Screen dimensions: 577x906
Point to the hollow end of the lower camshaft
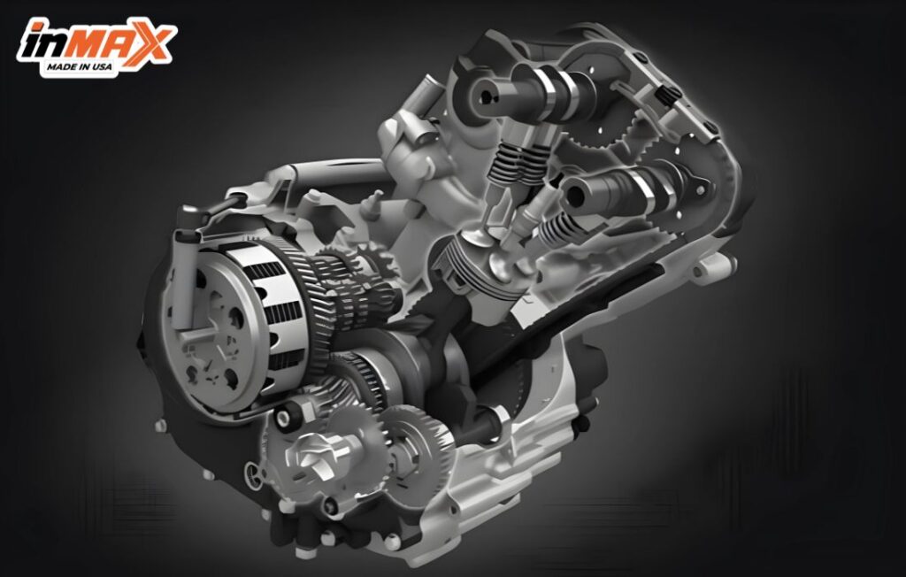pos(575,192)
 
